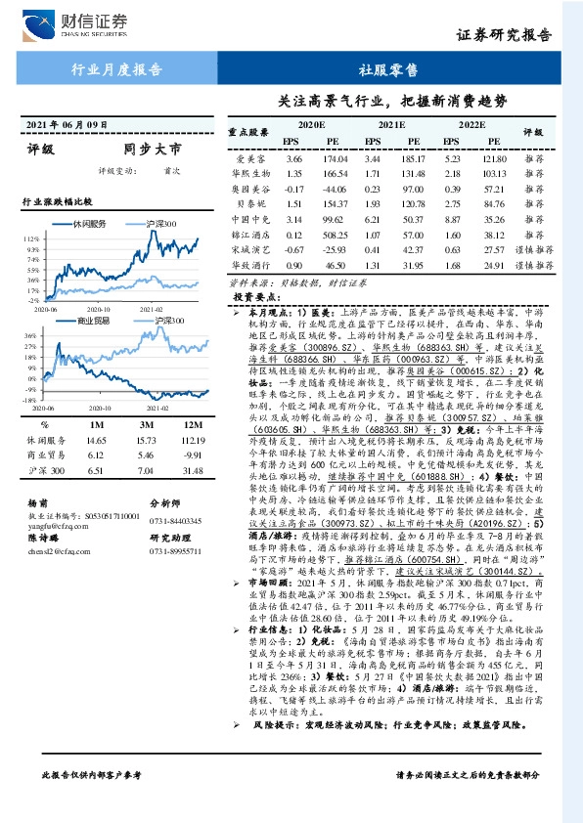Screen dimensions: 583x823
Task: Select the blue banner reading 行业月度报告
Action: pos(116,69)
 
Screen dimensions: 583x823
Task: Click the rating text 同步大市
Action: pos(153,150)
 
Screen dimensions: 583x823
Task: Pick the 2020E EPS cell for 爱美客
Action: pos(293,158)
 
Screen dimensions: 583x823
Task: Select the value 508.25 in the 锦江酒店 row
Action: pos(336,235)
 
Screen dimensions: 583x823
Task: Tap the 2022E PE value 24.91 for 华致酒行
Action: pos(493,265)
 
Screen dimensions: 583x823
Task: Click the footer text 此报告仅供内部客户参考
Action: pos(91,801)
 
